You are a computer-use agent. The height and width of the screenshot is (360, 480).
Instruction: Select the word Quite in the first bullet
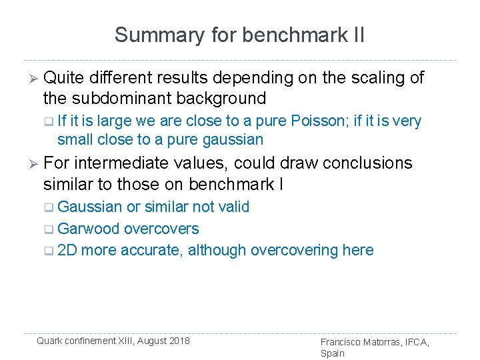[x=65, y=78]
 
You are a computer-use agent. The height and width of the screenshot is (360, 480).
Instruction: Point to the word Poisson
[x=314, y=121]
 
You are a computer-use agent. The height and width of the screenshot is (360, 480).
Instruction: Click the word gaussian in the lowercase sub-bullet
[x=235, y=139]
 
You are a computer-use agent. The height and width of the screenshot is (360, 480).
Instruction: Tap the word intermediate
[x=147, y=163]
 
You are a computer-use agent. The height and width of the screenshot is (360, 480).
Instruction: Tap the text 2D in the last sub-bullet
[x=67, y=251]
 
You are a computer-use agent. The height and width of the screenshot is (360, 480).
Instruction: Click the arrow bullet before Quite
[x=29, y=79]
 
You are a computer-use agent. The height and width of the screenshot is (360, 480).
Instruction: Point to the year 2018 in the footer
[x=178, y=341]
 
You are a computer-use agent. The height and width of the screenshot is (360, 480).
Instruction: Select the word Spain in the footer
[x=333, y=353]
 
